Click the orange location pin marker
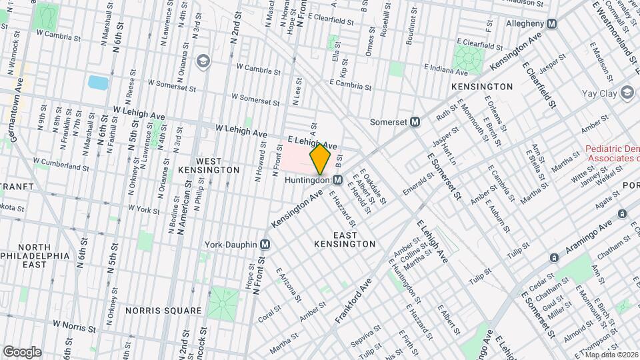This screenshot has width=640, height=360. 320,159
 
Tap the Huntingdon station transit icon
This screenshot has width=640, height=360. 338,180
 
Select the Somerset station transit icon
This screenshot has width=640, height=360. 415,122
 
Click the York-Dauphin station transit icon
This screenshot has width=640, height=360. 265,245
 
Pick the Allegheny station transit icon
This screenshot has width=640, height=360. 551,23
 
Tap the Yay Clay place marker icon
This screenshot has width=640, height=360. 627,93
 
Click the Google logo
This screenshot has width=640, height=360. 22,351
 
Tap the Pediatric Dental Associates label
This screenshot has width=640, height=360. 612,154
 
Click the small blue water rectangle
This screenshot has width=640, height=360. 97,83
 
